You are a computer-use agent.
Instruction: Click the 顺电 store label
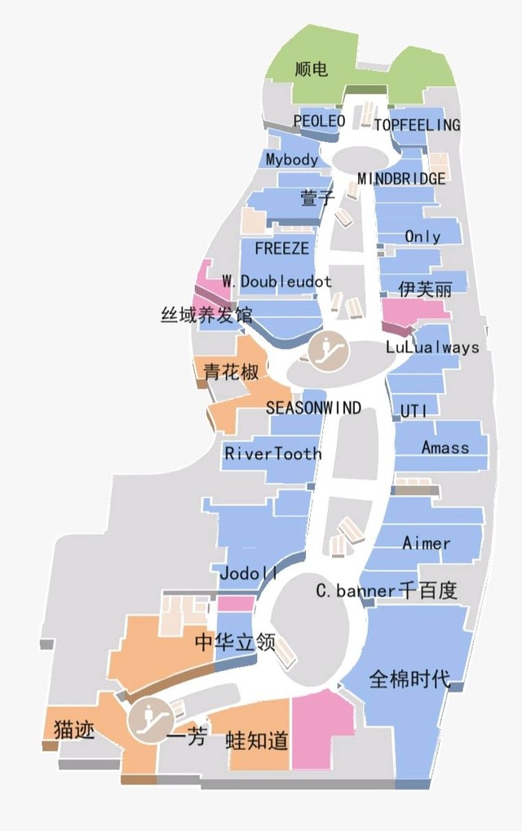pyautogui.click(x=312, y=69)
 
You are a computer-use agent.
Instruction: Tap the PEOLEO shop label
pyautogui.click(x=319, y=121)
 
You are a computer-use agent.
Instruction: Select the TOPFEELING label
pyautogui.click(x=417, y=125)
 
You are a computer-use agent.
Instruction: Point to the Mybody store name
pyautogui.click(x=291, y=159)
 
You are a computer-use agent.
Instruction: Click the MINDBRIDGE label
pyautogui.click(x=401, y=178)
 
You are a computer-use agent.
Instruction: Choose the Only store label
pyautogui.click(x=422, y=236)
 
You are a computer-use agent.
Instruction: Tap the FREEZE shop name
pyautogui.click(x=282, y=248)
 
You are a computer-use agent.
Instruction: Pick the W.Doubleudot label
pyautogui.click(x=276, y=281)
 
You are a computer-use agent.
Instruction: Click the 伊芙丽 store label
pyautogui.click(x=425, y=289)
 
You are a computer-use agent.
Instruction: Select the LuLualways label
pyautogui.click(x=432, y=347)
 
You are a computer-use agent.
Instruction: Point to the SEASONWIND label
pyautogui.click(x=313, y=408)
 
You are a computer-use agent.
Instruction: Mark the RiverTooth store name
pyautogui.click(x=272, y=453)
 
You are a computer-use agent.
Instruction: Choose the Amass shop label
pyautogui.click(x=445, y=447)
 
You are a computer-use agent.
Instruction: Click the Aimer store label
pyautogui.click(x=426, y=543)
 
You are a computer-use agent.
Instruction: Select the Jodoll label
pyautogui.click(x=249, y=574)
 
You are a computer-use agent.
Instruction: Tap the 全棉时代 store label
pyautogui.click(x=409, y=679)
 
